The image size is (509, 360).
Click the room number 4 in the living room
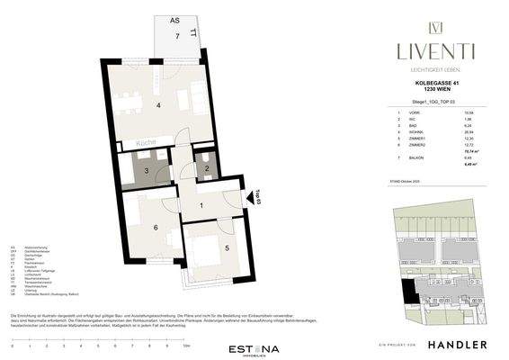tap(158, 106)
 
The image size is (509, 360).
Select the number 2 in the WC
tap(206, 168)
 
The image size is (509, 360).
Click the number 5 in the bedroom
tap(228, 249)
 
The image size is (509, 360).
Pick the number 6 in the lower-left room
tap(155, 228)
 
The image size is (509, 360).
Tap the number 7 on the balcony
tap(178, 36)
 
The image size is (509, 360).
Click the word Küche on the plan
tap(147, 143)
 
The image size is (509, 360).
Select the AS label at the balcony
tap(174, 18)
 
